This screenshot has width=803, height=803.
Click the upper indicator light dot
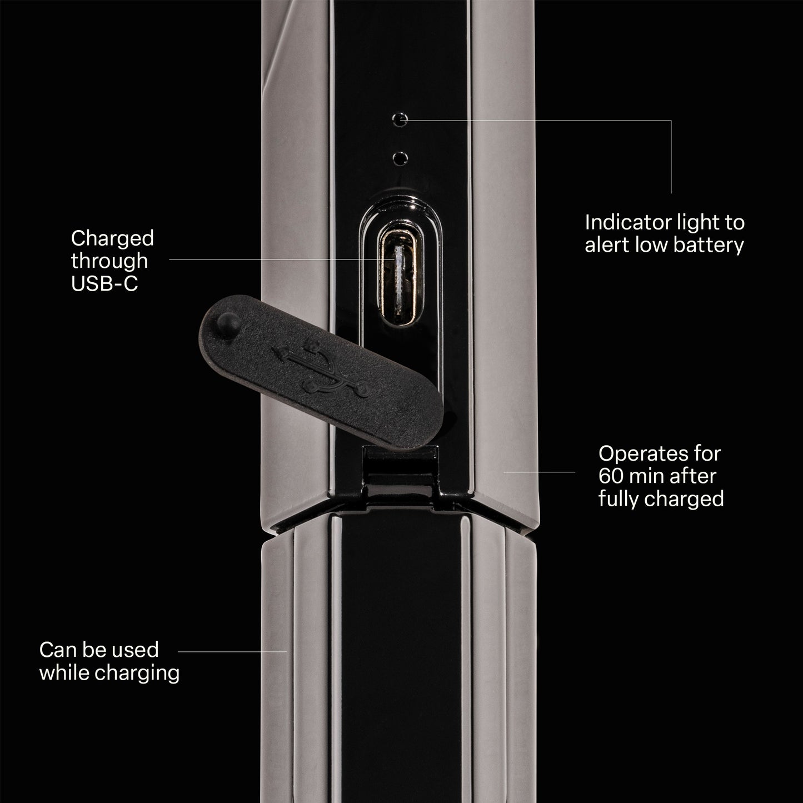click(400, 120)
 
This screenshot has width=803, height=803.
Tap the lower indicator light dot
click(400, 158)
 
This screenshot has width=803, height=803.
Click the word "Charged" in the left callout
click(112, 239)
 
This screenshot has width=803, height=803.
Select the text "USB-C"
click(104, 284)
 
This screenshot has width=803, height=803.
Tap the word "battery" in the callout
click(709, 245)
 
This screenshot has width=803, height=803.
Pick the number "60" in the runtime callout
click(611, 476)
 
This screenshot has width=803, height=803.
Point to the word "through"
click(109, 262)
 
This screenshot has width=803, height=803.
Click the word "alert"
click(607, 245)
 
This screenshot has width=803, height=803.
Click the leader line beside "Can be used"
click(232, 651)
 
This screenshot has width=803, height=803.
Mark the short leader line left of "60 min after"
click(539, 472)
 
